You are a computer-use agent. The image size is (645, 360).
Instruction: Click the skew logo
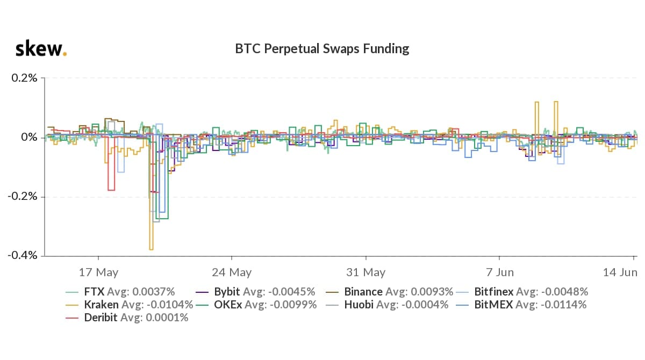pos(41,49)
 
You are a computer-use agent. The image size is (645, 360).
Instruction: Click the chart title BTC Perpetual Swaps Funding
pos(322,49)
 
